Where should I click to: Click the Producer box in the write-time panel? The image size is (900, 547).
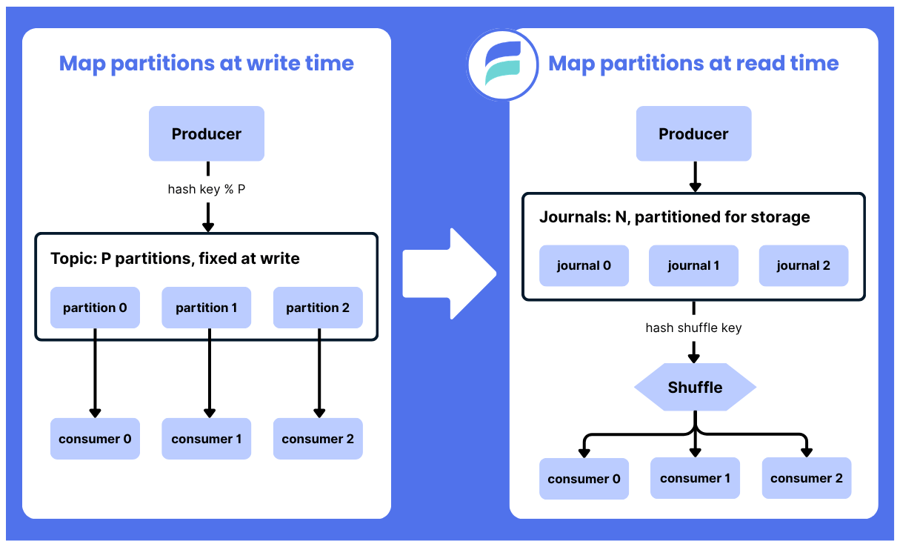207,133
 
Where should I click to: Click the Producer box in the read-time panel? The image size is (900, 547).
693,133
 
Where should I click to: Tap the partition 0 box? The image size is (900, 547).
95,308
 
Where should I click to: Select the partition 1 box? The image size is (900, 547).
206,308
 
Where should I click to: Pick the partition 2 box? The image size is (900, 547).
318,308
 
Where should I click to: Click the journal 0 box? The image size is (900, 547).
584,265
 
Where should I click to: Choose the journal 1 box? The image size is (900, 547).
693,265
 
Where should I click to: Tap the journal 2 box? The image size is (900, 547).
804,265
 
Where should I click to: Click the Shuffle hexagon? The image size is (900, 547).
695,387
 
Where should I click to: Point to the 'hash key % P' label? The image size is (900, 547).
207,189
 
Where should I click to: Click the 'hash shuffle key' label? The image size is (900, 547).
693,328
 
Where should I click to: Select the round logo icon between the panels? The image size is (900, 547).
503,64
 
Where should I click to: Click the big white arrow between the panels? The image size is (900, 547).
449,273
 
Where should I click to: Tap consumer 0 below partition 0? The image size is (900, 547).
95,439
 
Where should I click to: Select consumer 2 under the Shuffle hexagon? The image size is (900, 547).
807,478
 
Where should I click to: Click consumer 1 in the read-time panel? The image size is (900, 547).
695,478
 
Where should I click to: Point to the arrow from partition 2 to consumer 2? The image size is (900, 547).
319,373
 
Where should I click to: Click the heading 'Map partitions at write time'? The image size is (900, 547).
207,63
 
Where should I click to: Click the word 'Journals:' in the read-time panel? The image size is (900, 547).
576,217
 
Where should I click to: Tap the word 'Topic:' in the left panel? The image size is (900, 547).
74,259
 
